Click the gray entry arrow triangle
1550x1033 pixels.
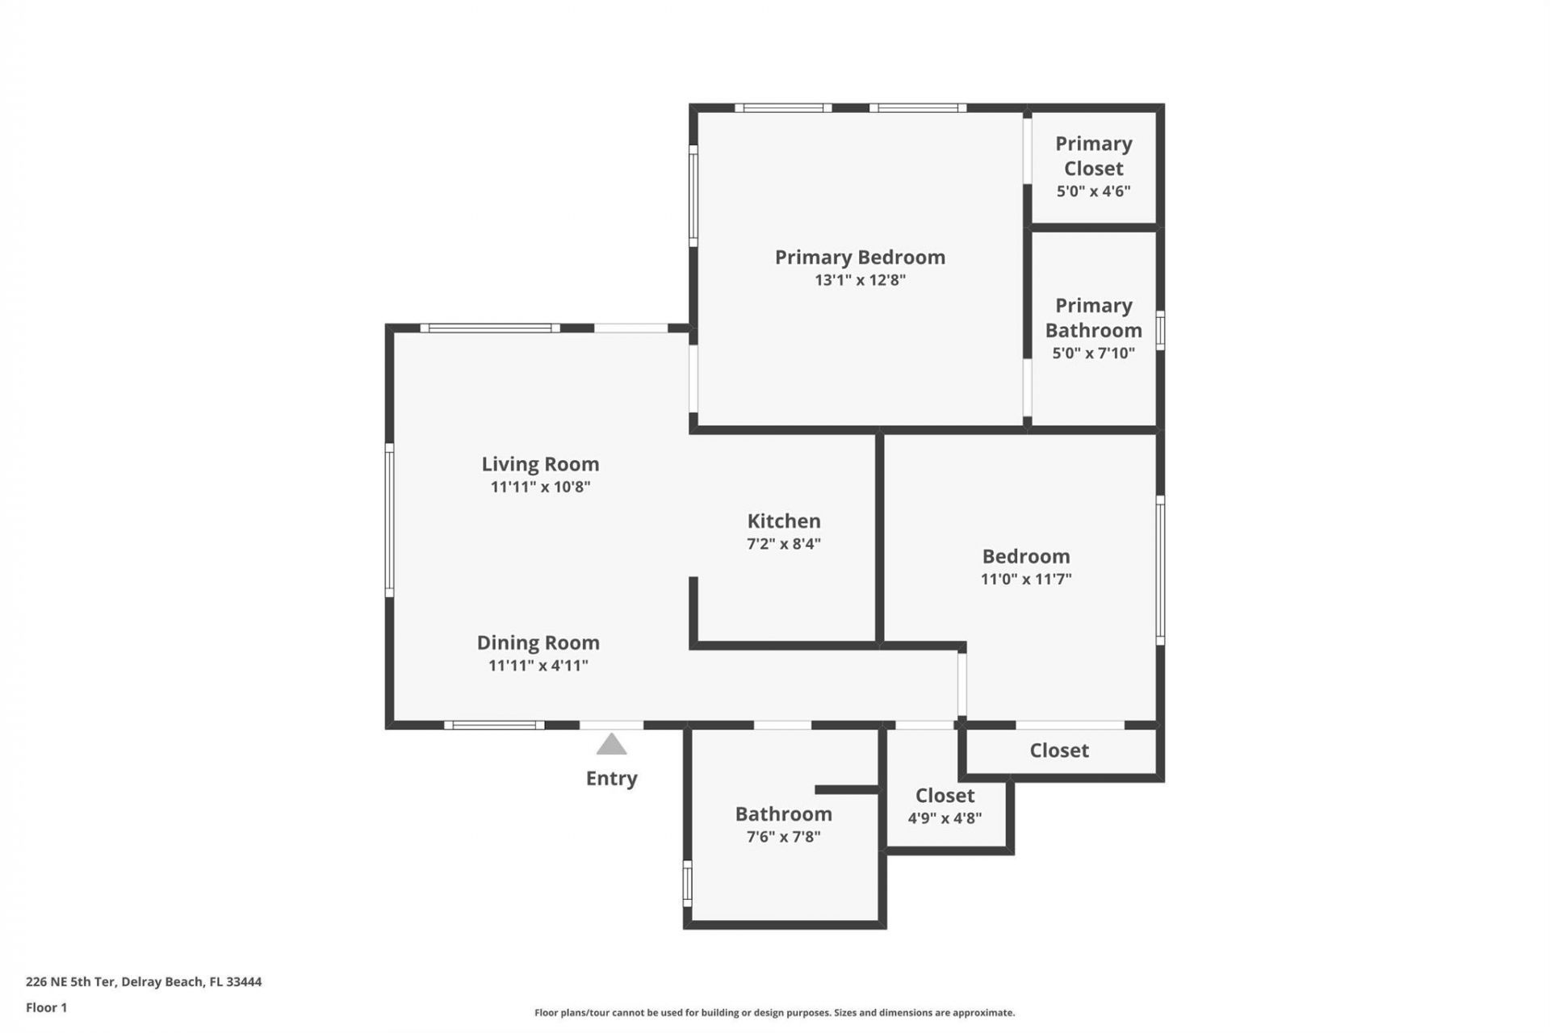(611, 745)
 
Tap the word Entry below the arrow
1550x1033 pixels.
(611, 778)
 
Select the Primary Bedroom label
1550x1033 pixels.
(860, 257)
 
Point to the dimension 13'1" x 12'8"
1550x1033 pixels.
(860, 280)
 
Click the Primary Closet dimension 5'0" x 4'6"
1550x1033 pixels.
(1093, 191)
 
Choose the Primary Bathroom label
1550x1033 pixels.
(1093, 318)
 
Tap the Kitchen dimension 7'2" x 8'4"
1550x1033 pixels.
(783, 544)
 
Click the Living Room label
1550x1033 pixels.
(540, 464)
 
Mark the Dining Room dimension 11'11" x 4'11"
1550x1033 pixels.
(538, 666)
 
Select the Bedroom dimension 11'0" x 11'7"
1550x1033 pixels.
(1025, 579)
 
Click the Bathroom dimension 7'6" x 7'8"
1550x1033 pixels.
(783, 837)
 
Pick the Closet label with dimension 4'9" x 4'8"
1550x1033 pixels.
(945, 795)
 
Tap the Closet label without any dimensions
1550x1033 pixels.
(1059, 751)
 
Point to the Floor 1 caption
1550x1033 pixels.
(46, 1007)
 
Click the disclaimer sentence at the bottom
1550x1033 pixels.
(774, 1013)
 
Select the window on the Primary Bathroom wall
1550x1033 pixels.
(1160, 331)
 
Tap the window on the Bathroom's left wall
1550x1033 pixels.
(688, 883)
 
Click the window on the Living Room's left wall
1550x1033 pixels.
(389, 520)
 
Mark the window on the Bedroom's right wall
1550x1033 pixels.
(1160, 570)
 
